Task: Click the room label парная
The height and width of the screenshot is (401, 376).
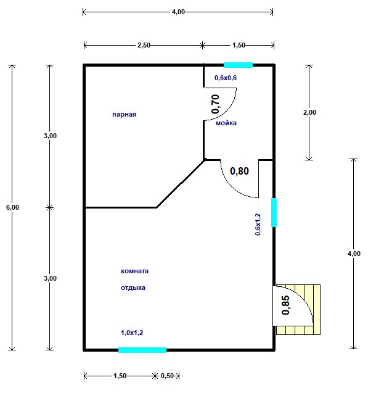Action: [x=124, y=114]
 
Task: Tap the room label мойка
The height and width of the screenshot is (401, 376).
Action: [x=226, y=123]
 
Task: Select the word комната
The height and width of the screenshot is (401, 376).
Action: [x=134, y=271]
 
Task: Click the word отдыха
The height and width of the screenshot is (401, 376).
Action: [x=133, y=287]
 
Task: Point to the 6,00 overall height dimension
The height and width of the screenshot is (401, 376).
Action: [x=12, y=207]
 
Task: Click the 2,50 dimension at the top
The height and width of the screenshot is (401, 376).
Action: [x=144, y=45]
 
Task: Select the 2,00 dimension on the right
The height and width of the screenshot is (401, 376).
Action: [x=309, y=112]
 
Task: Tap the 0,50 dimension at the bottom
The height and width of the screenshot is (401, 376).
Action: [x=167, y=376]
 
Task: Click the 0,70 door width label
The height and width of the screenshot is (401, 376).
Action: [x=216, y=104]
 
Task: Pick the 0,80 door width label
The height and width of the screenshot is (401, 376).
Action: [x=239, y=171]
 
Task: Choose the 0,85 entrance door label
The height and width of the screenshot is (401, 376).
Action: [x=285, y=305]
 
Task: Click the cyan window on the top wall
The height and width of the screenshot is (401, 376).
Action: [x=238, y=65]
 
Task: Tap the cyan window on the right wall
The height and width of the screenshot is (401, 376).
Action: [x=274, y=212]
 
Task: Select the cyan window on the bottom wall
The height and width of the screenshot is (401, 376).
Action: [x=142, y=350]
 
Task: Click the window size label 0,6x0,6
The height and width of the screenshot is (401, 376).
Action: [x=226, y=78]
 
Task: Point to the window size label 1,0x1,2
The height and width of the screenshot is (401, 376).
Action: [x=132, y=333]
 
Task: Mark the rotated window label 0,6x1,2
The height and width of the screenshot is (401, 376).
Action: [x=258, y=225]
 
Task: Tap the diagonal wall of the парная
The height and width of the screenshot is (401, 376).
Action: [x=181, y=184]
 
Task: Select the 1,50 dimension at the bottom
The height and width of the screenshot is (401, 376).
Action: [x=120, y=376]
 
